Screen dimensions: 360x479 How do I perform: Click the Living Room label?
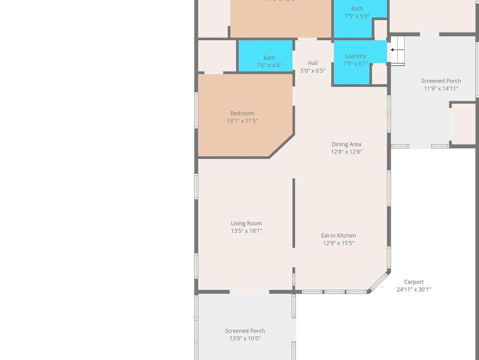[x=246, y=223]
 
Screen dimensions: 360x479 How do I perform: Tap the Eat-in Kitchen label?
[x=338, y=235]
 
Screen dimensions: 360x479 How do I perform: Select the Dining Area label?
[x=346, y=144]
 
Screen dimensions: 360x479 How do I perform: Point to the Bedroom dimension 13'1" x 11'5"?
[x=242, y=121]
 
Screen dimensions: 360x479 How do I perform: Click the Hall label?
[x=312, y=63]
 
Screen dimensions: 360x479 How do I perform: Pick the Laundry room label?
[x=356, y=56]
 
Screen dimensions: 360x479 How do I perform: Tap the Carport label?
[x=414, y=282]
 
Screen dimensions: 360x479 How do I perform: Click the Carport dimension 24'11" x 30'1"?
[x=414, y=289]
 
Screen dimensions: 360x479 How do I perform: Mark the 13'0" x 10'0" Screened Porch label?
[x=244, y=331]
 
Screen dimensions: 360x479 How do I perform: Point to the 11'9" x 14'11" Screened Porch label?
[x=441, y=81]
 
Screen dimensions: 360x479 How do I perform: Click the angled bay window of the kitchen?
[x=379, y=282]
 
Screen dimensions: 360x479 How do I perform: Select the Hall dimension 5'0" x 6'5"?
[x=312, y=71]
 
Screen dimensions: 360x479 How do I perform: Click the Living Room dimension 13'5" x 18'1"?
[x=246, y=231]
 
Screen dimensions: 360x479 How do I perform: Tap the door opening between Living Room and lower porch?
[x=249, y=292]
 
